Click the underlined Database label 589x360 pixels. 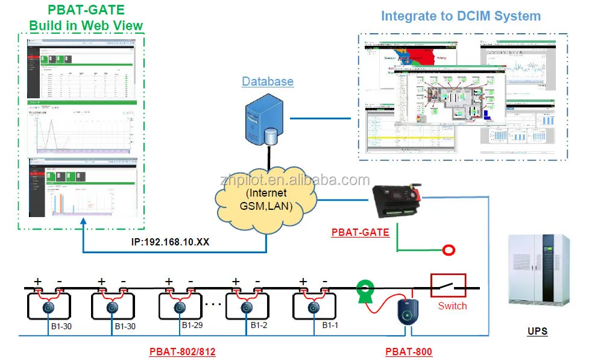tap(268, 81)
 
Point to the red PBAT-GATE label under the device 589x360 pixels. tap(360, 232)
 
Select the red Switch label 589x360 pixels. tap(452, 306)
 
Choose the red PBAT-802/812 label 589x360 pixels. tap(182, 352)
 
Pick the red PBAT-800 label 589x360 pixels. tap(408, 352)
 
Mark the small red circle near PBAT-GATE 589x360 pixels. tap(447, 250)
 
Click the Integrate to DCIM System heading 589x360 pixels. tap(461, 16)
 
